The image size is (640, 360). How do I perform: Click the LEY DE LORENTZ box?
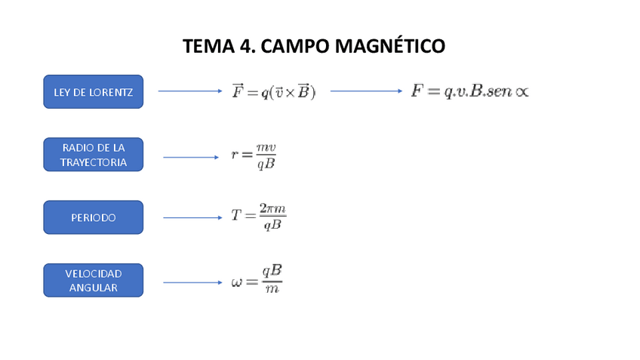93,92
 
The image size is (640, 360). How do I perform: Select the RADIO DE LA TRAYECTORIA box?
93,155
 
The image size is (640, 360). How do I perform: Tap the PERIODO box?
93,217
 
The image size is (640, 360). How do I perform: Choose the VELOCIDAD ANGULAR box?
93,280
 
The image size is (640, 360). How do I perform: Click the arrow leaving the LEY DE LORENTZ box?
190,91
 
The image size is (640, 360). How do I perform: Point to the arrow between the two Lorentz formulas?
366,91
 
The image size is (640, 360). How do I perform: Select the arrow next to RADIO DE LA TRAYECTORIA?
191,157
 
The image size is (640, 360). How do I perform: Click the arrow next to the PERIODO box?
191,217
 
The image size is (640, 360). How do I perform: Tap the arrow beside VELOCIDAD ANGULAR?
191,283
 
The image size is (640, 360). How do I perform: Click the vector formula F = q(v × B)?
274,91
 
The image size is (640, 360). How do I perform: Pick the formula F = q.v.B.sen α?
469,91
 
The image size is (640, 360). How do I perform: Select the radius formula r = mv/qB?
254,155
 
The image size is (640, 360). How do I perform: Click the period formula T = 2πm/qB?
259,216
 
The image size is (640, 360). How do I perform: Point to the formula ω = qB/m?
257,280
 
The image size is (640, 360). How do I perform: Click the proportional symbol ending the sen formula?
521,92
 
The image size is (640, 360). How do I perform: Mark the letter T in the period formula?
237,216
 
